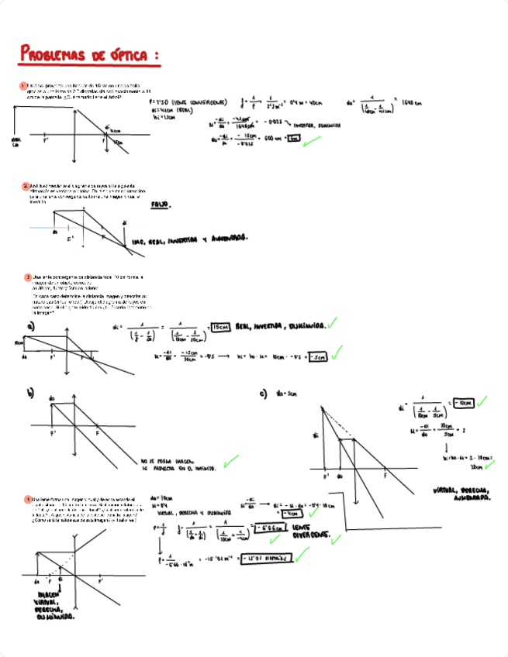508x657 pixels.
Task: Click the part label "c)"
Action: tap(263, 394)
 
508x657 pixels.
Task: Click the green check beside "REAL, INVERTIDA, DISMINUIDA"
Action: tap(332, 323)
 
